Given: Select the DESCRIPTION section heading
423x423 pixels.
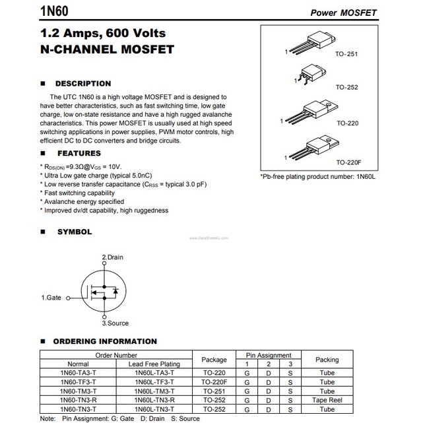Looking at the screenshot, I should (x=82, y=84).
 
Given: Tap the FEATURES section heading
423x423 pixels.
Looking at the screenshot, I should (x=79, y=153).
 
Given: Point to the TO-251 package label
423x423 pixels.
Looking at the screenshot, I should (x=347, y=54).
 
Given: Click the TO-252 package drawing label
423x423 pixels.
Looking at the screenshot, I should (x=347, y=87).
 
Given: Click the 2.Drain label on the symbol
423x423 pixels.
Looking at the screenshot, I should (x=112, y=257).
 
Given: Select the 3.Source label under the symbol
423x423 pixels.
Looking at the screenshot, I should (x=115, y=323).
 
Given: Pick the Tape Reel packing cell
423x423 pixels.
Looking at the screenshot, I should (x=327, y=401).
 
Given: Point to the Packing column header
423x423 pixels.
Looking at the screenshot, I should (x=327, y=360).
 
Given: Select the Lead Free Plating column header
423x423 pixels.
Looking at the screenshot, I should (x=154, y=364).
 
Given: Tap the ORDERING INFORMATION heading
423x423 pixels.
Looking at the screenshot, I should (x=105, y=341).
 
